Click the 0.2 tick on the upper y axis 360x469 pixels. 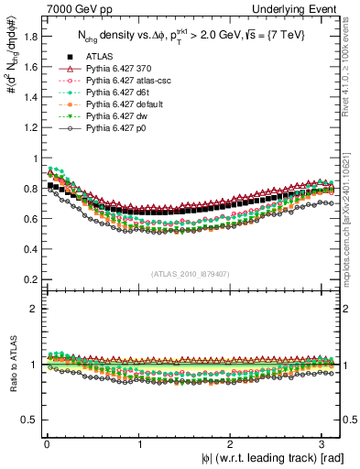tap(42, 279)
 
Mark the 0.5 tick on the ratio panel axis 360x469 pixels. tap(42, 420)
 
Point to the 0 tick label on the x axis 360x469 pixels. tap(46, 444)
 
